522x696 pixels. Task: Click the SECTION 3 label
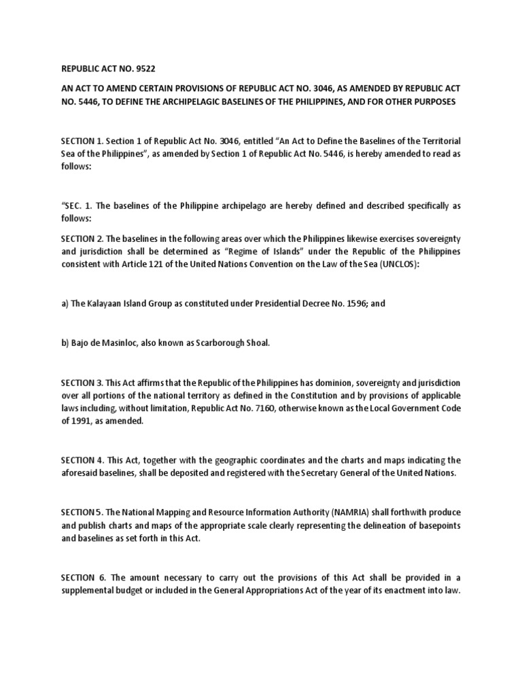84,383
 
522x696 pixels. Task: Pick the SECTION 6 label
84,578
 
